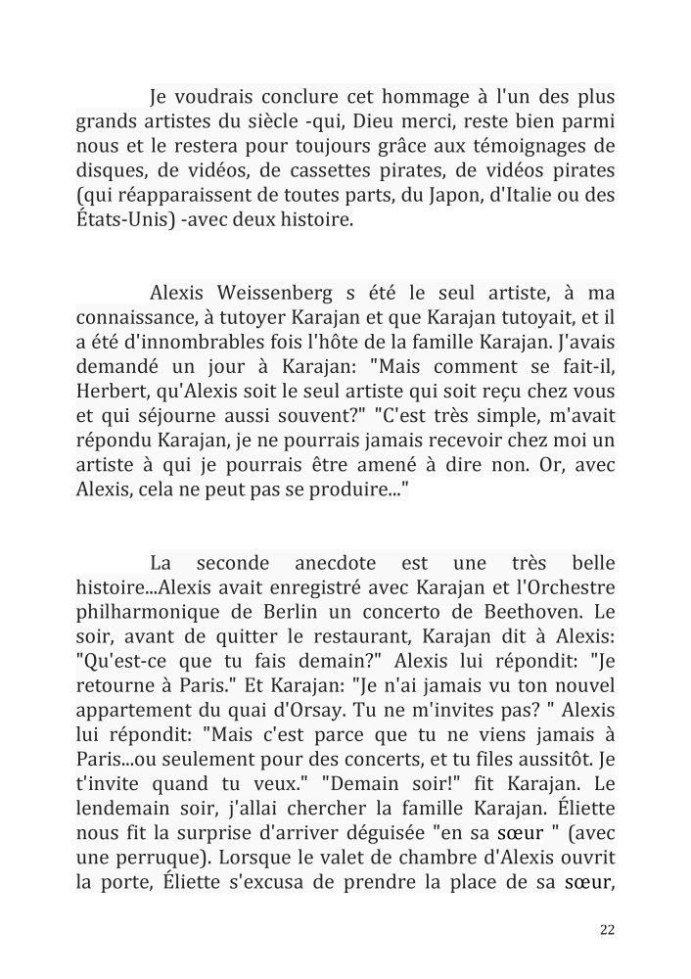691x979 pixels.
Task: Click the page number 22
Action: [607, 931]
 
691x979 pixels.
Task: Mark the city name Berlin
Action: [304, 613]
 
